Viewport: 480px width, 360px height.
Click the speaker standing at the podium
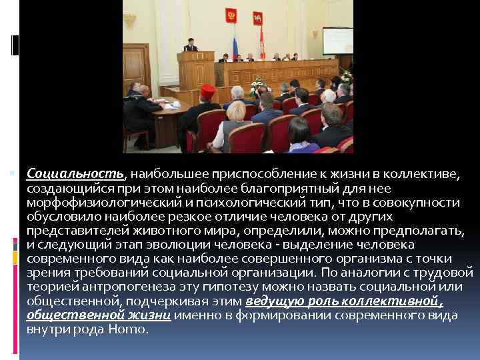pos(190,43)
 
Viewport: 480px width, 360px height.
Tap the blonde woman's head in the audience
pos(236,111)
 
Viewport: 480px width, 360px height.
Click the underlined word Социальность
pos(75,174)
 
